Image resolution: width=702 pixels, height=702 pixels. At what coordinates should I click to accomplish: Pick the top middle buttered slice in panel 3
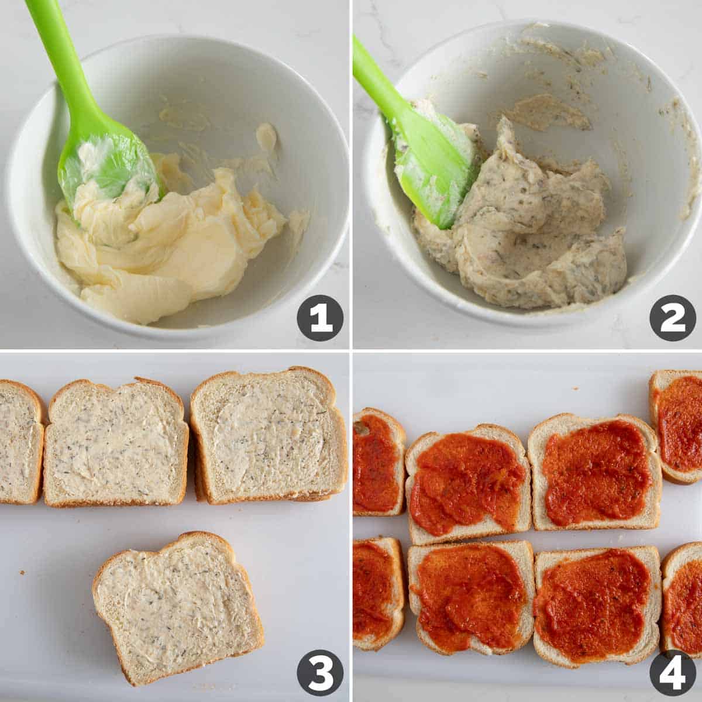pos(116,443)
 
